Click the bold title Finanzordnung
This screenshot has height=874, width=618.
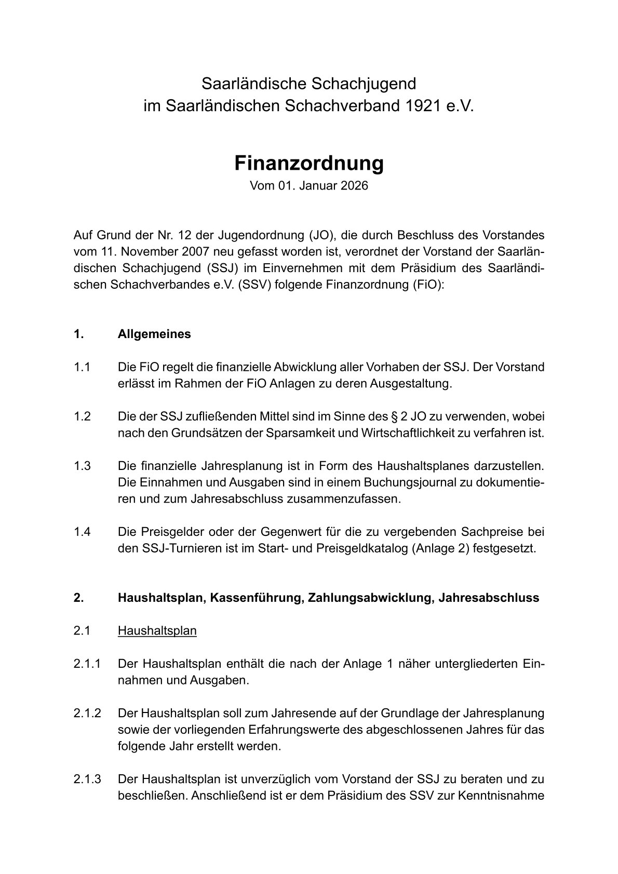[308, 163]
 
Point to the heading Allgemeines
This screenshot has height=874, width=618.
[154, 334]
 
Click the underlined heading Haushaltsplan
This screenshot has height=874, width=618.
[157, 631]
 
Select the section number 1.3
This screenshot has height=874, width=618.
[82, 466]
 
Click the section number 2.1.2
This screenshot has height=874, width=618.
[87, 714]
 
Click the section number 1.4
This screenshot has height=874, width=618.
[82, 532]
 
